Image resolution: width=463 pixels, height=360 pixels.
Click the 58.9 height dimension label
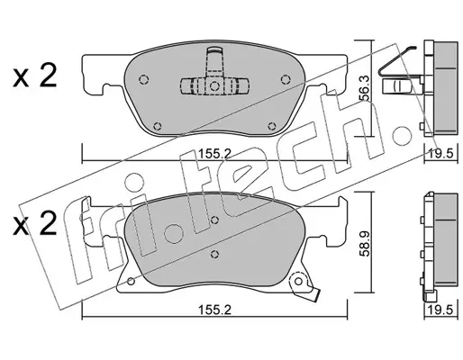click(x=364, y=243)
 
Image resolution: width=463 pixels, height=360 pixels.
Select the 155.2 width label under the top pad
click(x=214, y=154)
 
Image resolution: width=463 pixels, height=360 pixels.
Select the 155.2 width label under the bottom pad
click(x=214, y=310)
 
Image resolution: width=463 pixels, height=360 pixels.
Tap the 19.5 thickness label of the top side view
click(x=440, y=154)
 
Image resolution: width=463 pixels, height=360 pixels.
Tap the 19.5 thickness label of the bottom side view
click(x=440, y=310)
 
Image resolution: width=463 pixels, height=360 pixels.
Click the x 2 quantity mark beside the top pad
click(x=34, y=76)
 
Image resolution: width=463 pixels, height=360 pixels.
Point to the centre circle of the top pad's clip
click(x=214, y=86)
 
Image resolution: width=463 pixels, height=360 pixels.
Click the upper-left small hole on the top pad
click(x=144, y=79)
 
